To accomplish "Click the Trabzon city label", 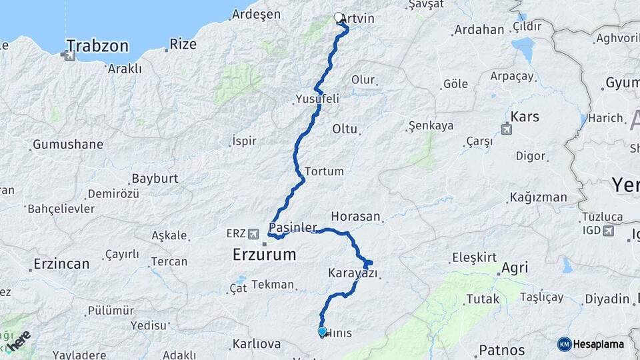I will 97,46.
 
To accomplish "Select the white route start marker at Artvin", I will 338,18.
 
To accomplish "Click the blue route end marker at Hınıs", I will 323,331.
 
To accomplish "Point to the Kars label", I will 525,117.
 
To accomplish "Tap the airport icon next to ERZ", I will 253,234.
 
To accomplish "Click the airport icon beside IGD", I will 608,231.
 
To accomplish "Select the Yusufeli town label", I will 317,99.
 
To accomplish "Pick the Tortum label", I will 325,171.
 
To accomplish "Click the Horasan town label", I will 355,217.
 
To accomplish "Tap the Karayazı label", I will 353,273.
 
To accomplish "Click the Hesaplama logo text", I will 598,345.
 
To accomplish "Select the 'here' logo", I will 20,339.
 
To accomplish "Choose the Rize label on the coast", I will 183,44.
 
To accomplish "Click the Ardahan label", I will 479,30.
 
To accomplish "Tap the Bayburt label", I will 155,179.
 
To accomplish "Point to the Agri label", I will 514,268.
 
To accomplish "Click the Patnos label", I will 502,350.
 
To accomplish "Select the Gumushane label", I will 68,145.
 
